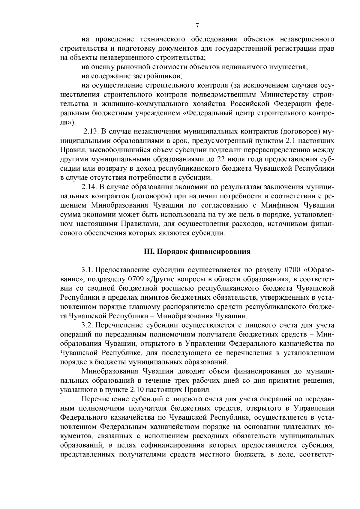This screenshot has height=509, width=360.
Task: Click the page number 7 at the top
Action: (197, 26)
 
